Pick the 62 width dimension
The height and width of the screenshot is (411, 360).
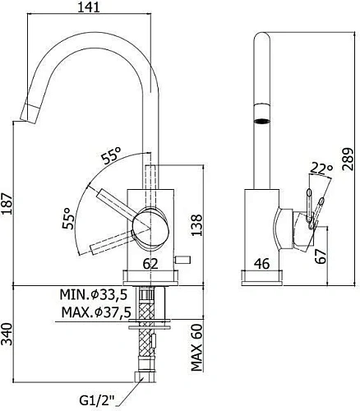coord(150,265)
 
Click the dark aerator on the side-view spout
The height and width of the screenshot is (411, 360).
coord(261,120)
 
